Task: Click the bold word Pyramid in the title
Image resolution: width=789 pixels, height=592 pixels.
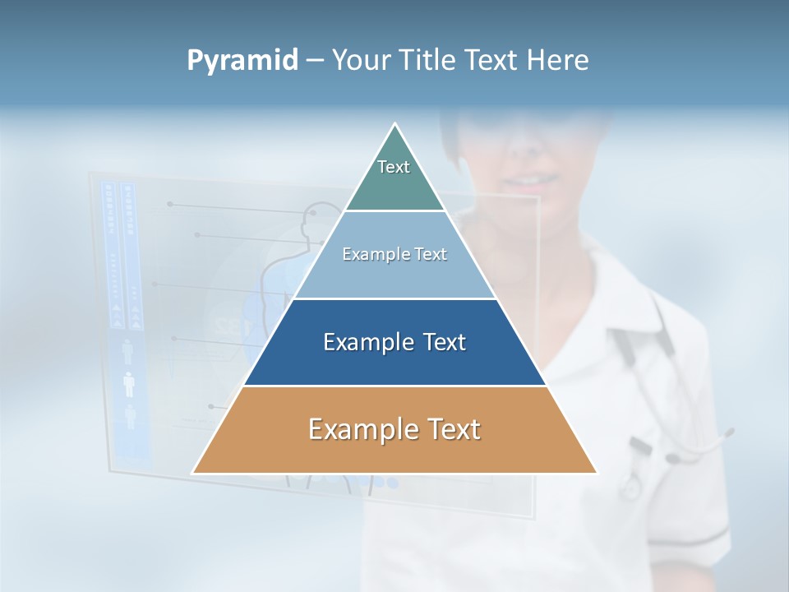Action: coord(242,61)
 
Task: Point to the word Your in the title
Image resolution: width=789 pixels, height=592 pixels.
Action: coord(362,61)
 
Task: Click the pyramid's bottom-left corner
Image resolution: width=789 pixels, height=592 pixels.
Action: coord(194,473)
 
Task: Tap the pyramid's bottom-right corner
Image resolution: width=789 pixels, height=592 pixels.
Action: coord(596,473)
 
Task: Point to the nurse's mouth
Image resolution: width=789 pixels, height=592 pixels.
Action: coord(526,178)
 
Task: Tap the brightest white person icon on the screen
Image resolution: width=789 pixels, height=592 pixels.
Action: coord(128,384)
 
